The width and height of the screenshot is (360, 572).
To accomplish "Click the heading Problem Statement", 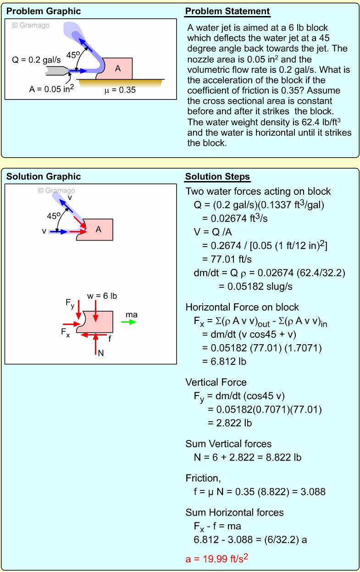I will coord(227,11).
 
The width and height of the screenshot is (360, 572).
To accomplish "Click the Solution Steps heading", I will coord(217,177).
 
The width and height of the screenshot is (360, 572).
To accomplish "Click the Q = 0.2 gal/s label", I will coord(36,60).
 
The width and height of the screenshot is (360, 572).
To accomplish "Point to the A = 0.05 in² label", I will coord(51,89).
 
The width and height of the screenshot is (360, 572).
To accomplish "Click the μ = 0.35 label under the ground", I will coord(120,90).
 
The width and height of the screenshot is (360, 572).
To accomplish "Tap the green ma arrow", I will coord(128,322).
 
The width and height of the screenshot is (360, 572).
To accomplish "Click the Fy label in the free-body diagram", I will coord(70,303).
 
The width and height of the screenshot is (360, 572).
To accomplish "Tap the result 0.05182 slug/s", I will coord(249,286).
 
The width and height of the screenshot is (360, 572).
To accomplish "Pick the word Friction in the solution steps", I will coord(203,478).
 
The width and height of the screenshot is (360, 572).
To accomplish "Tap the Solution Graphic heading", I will coord(44,176).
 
